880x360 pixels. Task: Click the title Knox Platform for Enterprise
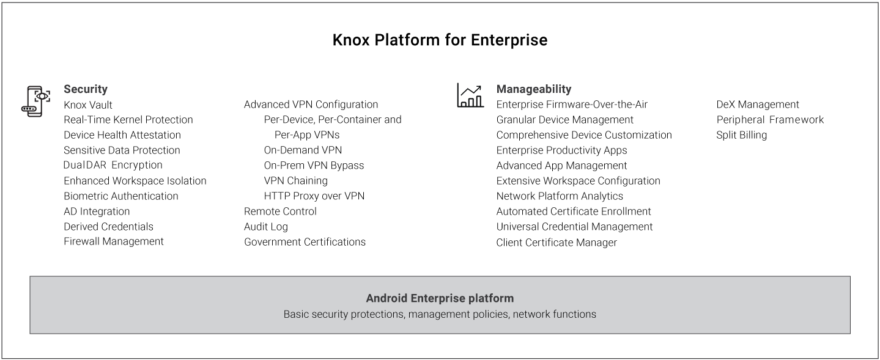(440, 40)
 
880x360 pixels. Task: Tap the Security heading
(86, 89)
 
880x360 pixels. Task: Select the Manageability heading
(533, 89)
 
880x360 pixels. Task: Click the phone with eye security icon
(35, 101)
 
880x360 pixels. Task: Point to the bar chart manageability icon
(470, 95)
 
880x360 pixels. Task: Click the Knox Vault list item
(88, 105)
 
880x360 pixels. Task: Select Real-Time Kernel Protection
(128, 120)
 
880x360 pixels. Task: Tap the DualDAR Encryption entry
(113, 165)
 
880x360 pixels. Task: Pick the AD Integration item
(97, 211)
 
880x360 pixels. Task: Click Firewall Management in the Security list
(114, 241)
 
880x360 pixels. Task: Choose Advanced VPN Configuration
(311, 105)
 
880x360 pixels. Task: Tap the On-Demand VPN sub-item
(303, 150)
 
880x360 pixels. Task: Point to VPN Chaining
(296, 180)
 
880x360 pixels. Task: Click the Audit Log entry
(266, 227)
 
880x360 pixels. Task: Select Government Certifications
(305, 242)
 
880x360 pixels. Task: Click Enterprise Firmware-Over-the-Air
(572, 105)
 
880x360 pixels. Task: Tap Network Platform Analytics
(560, 196)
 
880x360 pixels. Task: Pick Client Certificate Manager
(556, 243)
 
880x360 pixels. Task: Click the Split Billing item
(741, 135)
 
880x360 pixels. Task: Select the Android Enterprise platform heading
(440, 298)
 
